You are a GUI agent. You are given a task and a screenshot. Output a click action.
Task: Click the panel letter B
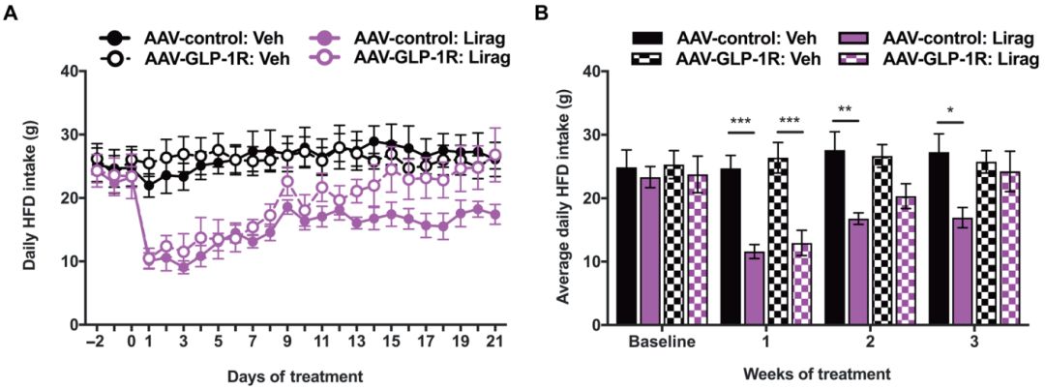pos(544,13)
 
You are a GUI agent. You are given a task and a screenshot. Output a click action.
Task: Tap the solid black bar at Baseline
pos(626,246)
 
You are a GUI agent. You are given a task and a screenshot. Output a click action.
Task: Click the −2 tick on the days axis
pos(95,343)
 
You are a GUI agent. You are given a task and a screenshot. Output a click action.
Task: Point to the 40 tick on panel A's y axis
pos(69,71)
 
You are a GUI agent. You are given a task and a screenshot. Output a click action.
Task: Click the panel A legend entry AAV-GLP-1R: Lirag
pos(432,57)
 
